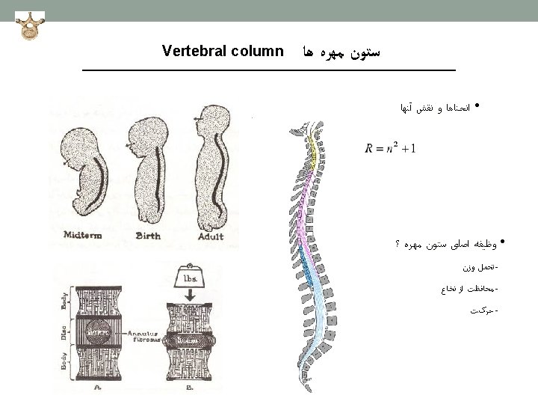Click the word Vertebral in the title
pyautogui.click(x=191, y=52)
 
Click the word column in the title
pyautogui.click(x=253, y=52)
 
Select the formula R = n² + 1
pyautogui.click(x=391, y=147)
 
